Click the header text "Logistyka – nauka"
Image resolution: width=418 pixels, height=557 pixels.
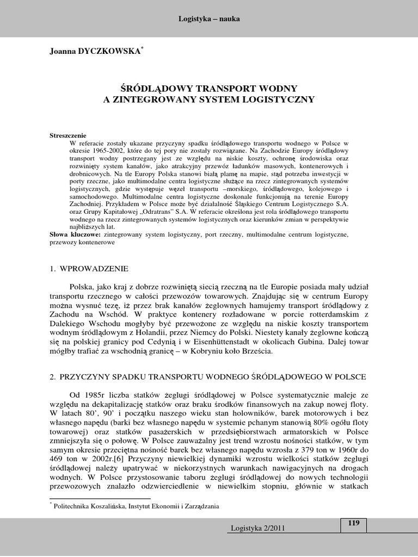tap(209, 19)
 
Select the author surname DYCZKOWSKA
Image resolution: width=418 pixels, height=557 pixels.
tap(114, 51)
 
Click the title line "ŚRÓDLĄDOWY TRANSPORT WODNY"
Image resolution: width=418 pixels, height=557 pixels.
tap(208, 88)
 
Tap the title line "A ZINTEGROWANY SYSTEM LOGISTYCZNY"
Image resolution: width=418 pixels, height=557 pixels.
tap(208, 100)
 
